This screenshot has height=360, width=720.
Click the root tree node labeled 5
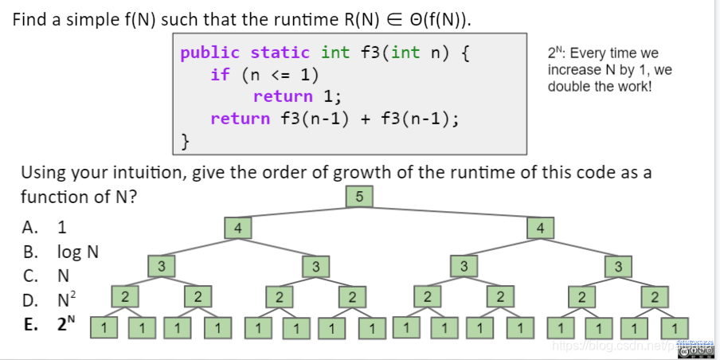360,197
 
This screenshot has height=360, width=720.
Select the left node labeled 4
237,229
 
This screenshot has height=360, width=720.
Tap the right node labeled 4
541,229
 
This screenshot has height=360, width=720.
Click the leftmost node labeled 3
161,266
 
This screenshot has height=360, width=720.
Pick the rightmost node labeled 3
618,266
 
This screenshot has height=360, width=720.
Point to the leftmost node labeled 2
124,296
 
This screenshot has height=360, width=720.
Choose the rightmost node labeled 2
655,296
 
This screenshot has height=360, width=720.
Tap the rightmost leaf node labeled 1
675,327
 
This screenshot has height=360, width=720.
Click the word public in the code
209,53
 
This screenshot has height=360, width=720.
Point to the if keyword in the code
220,75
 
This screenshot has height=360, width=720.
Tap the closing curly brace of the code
186,141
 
